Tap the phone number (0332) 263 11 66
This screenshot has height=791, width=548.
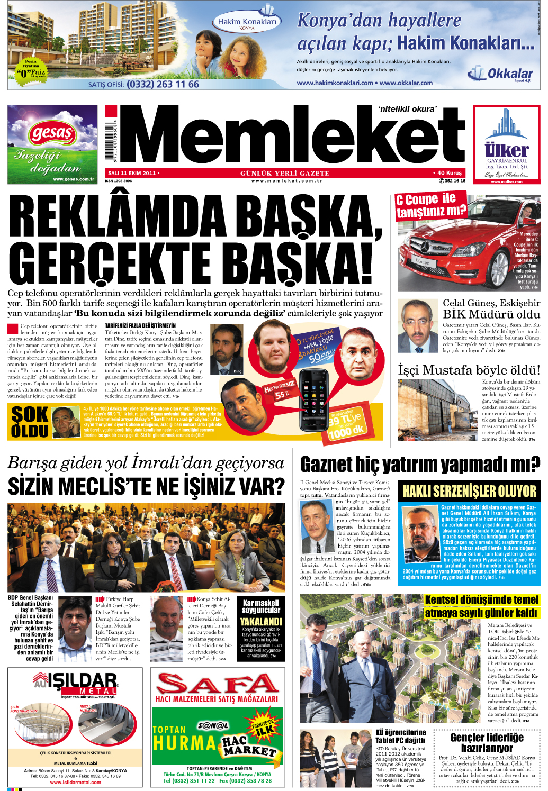click(x=163, y=84)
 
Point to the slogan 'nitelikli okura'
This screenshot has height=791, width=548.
click(x=407, y=110)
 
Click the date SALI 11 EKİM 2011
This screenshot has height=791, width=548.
click(x=132, y=173)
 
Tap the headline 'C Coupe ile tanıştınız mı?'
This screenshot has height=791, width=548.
click(x=430, y=205)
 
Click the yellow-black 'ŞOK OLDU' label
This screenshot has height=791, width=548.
click(x=30, y=422)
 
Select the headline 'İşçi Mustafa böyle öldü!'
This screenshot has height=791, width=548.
click(x=469, y=370)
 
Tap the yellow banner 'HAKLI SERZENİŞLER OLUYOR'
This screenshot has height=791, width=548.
click(x=469, y=491)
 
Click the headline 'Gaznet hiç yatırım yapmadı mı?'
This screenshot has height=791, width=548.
click(x=419, y=465)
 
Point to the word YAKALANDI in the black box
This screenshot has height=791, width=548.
click(x=261, y=622)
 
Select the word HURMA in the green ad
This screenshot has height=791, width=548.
click(x=185, y=743)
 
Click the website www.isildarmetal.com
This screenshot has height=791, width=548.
click(x=75, y=782)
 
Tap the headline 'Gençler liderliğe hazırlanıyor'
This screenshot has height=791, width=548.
click(x=487, y=742)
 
